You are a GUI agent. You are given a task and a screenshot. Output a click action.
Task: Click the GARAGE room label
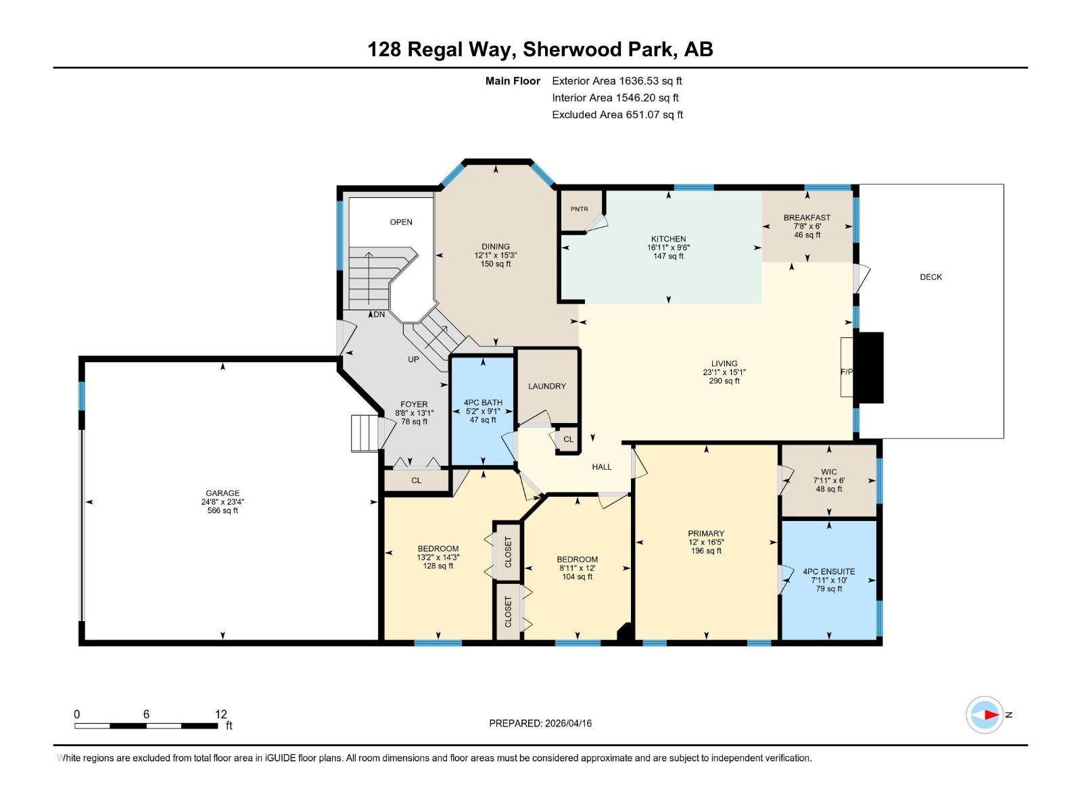click(x=222, y=493)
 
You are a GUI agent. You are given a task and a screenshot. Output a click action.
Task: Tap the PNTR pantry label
click(x=579, y=210)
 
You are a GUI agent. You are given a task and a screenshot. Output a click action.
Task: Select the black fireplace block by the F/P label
click(x=868, y=368)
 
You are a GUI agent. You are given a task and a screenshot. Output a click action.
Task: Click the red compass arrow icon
click(x=989, y=714)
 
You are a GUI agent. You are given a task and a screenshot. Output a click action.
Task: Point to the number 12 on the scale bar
click(x=221, y=714)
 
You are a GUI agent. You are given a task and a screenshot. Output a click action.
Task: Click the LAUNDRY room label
click(x=546, y=387)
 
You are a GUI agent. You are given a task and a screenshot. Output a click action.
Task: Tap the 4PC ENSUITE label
click(x=828, y=572)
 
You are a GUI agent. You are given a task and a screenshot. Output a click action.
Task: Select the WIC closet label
click(x=829, y=472)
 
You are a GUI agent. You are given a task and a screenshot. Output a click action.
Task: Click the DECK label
click(x=931, y=277)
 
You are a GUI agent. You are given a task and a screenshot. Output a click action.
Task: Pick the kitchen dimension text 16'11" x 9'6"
click(x=668, y=248)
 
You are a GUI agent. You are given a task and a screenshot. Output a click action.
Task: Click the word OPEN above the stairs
click(x=401, y=222)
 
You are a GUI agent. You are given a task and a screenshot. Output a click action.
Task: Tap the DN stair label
click(x=379, y=315)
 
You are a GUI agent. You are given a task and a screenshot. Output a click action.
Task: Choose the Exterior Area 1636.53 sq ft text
click(x=617, y=81)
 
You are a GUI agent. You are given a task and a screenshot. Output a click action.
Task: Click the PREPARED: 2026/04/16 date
click(x=540, y=723)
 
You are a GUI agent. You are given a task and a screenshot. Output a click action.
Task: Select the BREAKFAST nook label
click(x=807, y=218)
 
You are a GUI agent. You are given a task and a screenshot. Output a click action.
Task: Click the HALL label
click(x=601, y=467)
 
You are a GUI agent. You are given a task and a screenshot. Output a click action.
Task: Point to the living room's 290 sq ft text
click(x=724, y=381)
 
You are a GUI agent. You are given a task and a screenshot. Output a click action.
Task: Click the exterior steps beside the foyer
click(x=363, y=433)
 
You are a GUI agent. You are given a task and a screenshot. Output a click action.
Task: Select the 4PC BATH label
click(x=483, y=403)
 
